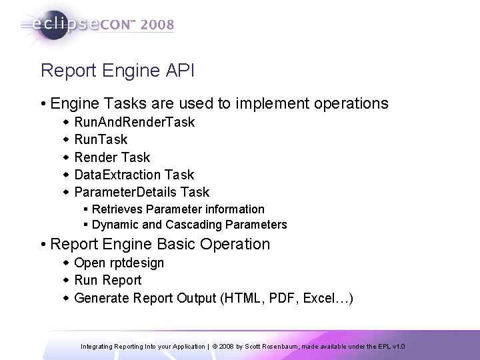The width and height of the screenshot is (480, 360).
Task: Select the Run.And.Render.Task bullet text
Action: coord(135,123)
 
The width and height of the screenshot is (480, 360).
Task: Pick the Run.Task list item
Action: coord(101,140)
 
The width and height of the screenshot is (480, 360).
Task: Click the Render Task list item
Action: coord(113,157)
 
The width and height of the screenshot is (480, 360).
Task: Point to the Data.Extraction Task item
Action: coord(134,175)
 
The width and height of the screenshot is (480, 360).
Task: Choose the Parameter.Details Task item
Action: coord(141,192)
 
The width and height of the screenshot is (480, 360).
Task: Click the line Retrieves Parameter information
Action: coord(178,209)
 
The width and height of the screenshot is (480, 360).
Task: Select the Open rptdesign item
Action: coord(119,263)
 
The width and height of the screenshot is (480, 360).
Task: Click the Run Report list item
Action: coord(108,280)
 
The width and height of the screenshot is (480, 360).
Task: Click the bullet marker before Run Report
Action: coord(67,280)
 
